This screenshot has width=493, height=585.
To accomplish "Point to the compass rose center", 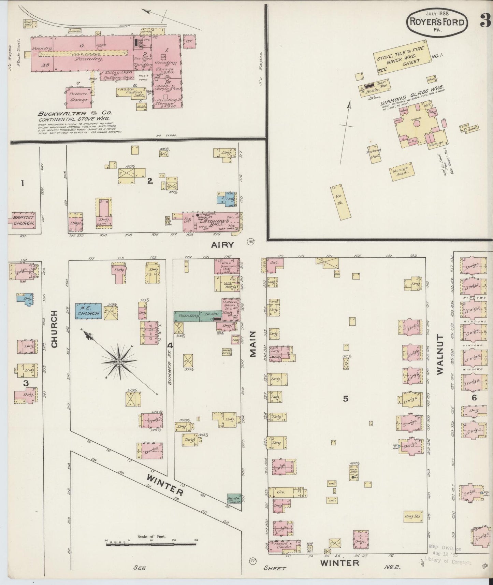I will pyautogui.click(x=119, y=361).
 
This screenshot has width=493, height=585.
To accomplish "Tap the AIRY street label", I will pyautogui.click(x=223, y=244).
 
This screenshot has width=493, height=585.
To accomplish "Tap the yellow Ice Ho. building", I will pyautogui.click(x=341, y=202).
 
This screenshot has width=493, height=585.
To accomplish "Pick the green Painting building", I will pyautogui.click(x=187, y=316).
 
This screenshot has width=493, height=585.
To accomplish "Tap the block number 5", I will pyautogui.click(x=345, y=398).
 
